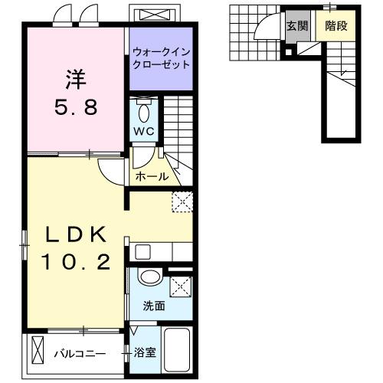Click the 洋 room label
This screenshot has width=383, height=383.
76,80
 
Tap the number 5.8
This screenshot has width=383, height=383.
76,107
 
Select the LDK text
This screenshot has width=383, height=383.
76,234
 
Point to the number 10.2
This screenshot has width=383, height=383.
76,261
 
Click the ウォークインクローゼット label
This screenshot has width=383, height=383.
162,58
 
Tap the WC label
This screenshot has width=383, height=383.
144,131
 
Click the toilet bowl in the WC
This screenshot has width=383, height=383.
144,113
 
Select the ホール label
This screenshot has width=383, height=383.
152,176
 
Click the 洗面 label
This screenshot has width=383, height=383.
154,306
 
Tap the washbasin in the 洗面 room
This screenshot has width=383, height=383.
150,277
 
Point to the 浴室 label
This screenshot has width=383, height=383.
145,353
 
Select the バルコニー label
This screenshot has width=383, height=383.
80,354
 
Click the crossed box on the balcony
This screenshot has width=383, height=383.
38,350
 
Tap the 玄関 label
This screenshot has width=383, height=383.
297,26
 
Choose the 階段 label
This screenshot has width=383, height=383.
336,26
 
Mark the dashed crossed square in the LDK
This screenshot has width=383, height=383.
182,201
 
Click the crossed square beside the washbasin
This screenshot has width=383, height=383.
181,286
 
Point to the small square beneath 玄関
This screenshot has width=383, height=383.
288,52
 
